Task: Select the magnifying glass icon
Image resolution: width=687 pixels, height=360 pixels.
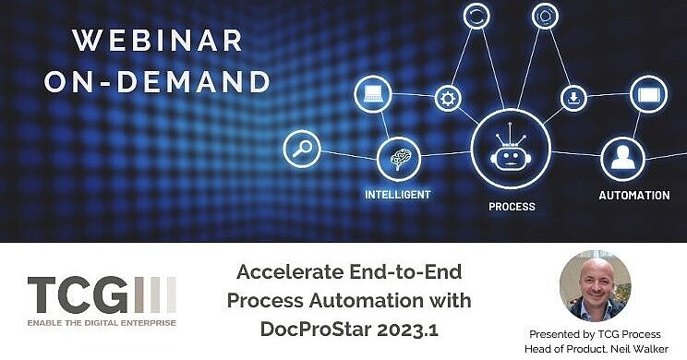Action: click(x=301, y=148)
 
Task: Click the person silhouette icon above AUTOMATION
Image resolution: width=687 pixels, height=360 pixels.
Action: click(x=621, y=160)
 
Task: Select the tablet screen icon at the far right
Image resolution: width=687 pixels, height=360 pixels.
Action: click(x=648, y=94)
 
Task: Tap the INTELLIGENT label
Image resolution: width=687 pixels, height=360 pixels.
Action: click(x=398, y=196)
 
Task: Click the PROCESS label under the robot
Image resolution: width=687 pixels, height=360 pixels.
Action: click(x=512, y=207)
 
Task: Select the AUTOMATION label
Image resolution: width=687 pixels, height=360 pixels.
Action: click(x=634, y=196)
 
